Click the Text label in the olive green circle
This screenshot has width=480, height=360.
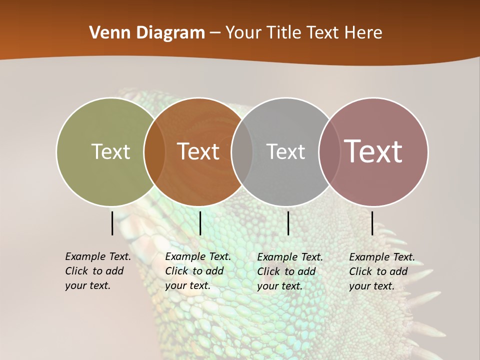pyautogui.click(x=110, y=151)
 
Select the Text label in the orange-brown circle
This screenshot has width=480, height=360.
pyautogui.click(x=198, y=151)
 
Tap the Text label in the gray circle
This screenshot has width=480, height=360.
pyautogui.click(x=285, y=151)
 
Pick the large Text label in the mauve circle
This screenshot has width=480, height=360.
pyautogui.click(x=373, y=151)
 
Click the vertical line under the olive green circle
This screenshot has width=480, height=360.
pyautogui.click(x=112, y=223)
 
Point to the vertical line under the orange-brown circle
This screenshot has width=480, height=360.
pyautogui.click(x=200, y=223)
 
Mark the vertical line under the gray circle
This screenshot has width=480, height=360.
pyautogui.click(x=288, y=223)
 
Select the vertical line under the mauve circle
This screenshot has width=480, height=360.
pyautogui.click(x=372, y=223)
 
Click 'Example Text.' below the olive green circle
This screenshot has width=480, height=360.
pyautogui.click(x=98, y=256)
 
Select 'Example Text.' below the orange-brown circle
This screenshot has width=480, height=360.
pyautogui.click(x=198, y=256)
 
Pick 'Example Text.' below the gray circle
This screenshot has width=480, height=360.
pyautogui.click(x=290, y=257)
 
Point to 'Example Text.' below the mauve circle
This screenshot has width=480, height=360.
pyautogui.click(x=382, y=257)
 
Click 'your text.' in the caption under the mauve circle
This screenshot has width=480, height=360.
pyautogui.click(x=371, y=286)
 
